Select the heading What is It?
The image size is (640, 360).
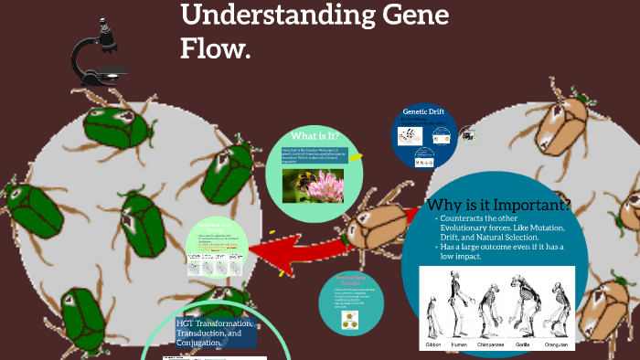[x=315, y=137]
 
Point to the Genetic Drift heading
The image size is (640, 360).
[x=423, y=111]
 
